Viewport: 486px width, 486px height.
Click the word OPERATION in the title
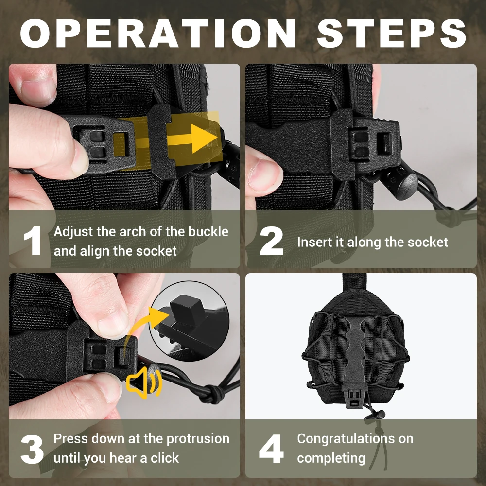coord(158,33)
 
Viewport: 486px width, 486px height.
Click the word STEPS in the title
coord(391,33)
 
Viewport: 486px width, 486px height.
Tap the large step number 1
coord(33,241)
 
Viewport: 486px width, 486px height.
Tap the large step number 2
coord(271,241)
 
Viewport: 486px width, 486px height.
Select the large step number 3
coord(32,449)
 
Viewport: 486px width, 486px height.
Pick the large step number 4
coord(271,449)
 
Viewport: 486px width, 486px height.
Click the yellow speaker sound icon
coord(144,382)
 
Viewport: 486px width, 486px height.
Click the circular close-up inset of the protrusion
coord(189,321)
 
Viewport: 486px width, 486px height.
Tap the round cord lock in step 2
coord(403,184)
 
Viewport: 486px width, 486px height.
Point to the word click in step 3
coord(165,458)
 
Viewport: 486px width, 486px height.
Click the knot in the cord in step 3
coord(214,394)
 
